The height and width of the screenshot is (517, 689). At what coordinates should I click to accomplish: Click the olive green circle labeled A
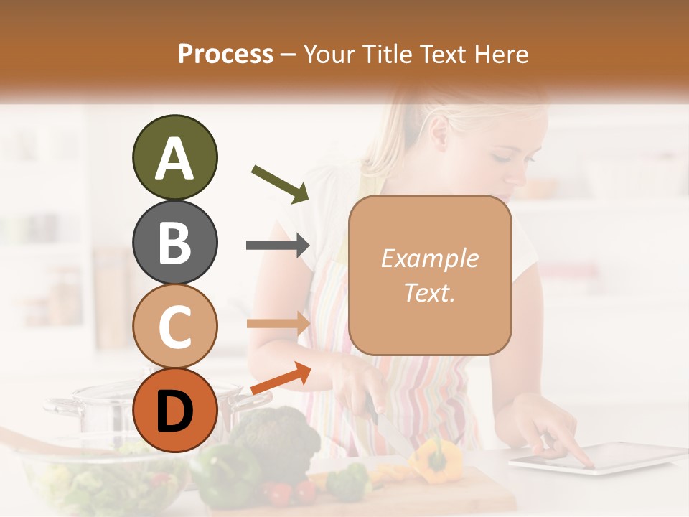174,158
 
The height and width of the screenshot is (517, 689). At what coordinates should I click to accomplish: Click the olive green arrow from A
281,184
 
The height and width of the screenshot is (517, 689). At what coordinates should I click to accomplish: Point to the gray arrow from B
278,246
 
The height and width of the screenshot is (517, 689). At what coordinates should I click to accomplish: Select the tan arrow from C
278,323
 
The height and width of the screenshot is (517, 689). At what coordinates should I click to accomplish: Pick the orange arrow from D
281,379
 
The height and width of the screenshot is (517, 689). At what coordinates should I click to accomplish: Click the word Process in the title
225,54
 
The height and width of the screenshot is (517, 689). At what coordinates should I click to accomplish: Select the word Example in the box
429,258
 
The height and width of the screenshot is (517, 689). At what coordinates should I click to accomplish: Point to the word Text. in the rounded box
429,292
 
